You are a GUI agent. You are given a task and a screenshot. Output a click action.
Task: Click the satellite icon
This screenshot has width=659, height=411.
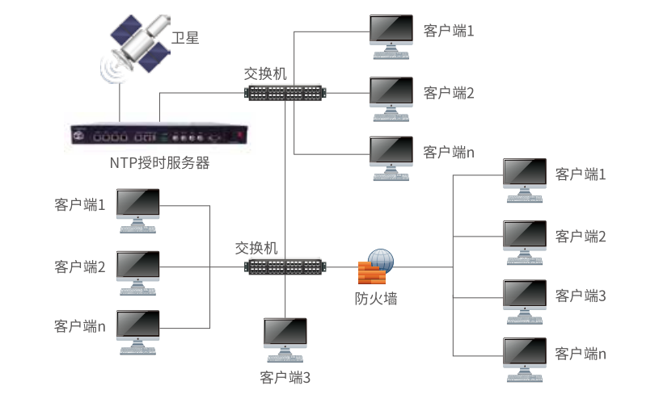135,47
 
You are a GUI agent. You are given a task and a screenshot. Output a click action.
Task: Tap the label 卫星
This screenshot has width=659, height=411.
185,38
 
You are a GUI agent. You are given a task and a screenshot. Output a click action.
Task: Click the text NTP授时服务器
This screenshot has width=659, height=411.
160,163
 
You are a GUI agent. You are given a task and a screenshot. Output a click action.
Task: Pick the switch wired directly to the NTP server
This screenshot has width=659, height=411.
285,93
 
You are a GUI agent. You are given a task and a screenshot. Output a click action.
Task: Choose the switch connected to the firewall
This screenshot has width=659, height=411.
285,267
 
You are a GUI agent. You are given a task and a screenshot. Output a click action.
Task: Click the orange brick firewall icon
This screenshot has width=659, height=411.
373,273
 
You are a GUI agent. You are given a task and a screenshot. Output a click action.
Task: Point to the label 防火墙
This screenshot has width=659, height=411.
376,299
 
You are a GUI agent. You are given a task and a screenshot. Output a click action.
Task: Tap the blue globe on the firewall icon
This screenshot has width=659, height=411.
381,259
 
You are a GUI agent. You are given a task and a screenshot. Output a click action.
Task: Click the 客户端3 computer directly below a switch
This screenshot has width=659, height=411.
285,340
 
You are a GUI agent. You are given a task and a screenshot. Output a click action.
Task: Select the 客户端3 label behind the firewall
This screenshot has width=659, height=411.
581,296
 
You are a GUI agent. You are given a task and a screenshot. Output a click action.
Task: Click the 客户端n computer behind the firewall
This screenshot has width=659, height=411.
525,360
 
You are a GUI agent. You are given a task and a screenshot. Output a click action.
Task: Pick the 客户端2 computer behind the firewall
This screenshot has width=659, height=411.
525,243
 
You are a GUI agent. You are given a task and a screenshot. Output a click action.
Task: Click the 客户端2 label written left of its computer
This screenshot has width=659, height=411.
80,267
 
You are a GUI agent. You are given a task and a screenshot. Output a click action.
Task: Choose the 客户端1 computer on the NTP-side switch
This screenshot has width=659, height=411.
391,37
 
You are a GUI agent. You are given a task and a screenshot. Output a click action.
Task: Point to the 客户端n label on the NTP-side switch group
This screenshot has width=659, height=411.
449,153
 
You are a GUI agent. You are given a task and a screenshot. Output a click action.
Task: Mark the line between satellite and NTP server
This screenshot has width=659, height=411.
120,102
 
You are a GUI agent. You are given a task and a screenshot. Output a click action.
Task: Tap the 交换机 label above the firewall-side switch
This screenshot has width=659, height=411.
256,248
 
